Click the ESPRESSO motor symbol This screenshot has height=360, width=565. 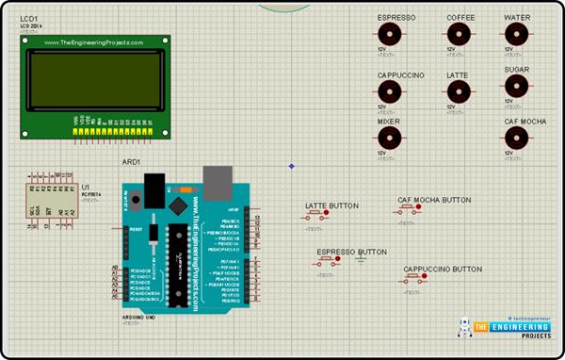coord(390,35)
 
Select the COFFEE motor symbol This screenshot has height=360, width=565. coord(459,35)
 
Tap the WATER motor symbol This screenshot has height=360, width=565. coord(515,35)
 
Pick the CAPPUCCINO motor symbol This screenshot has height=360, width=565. coord(390,90)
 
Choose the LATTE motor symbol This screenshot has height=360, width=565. coord(459,90)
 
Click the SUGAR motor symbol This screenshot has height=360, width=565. coord(515,87)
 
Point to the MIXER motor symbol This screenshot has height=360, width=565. coord(390,139)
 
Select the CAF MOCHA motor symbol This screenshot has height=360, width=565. coord(515,139)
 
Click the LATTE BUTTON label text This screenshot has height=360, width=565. coord(331,205)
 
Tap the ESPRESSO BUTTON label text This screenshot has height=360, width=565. coord(351,253)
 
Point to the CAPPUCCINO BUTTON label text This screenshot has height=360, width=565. coord(443,270)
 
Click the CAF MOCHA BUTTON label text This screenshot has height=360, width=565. coord(434,200)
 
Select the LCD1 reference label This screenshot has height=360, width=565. coord(31,18)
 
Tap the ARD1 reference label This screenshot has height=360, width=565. coord(130,162)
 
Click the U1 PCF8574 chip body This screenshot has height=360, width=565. coord(52,201)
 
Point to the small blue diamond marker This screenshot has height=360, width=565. coord(291,167)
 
